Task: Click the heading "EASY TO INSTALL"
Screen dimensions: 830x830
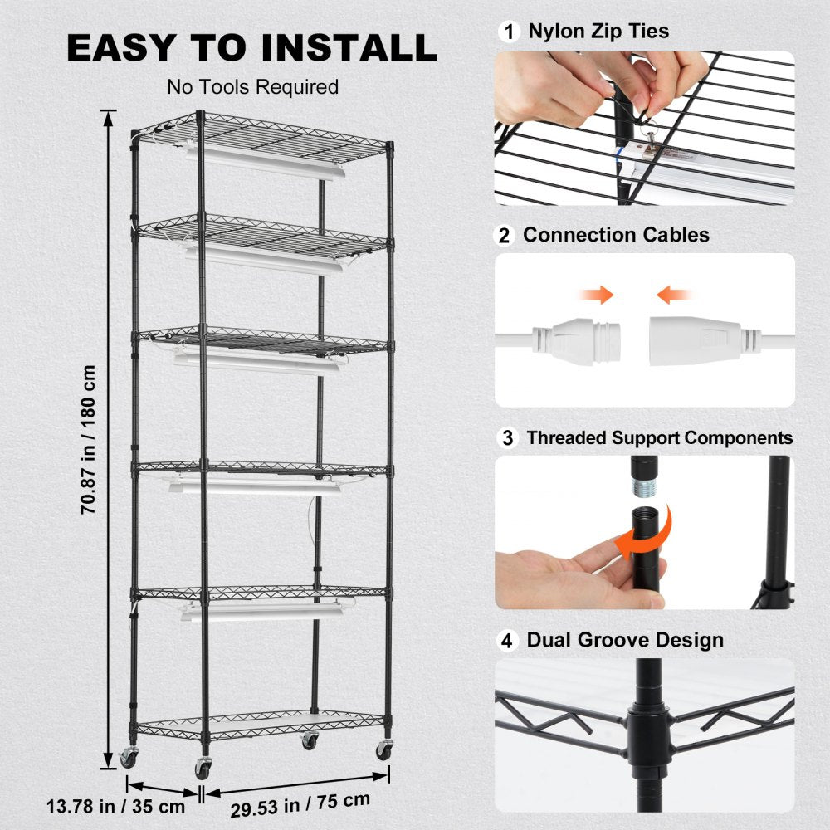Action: (251, 47)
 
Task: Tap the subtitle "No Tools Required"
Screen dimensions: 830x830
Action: (252, 87)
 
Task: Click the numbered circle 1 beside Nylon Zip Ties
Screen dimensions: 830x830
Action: (506, 32)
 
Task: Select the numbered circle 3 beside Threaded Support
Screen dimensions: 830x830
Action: (506, 437)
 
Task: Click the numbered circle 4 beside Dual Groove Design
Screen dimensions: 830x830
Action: (506, 640)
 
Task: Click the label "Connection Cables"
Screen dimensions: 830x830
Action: (616, 235)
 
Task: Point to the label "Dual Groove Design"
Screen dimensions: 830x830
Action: (625, 640)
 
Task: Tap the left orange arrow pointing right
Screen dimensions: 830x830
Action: (597, 294)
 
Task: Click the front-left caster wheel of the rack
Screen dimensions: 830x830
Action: (203, 768)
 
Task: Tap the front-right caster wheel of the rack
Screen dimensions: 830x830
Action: (383, 749)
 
